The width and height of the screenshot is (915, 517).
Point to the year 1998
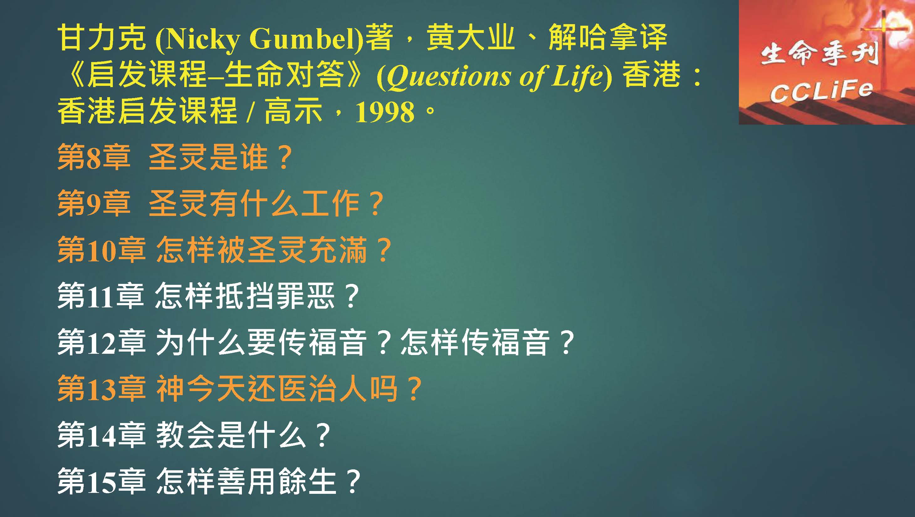click(385, 112)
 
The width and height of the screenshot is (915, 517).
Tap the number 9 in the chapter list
click(94, 205)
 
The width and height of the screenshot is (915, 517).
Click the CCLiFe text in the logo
click(821, 91)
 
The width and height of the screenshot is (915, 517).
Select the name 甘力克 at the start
click(102, 38)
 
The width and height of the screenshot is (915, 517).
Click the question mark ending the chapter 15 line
click(353, 482)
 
